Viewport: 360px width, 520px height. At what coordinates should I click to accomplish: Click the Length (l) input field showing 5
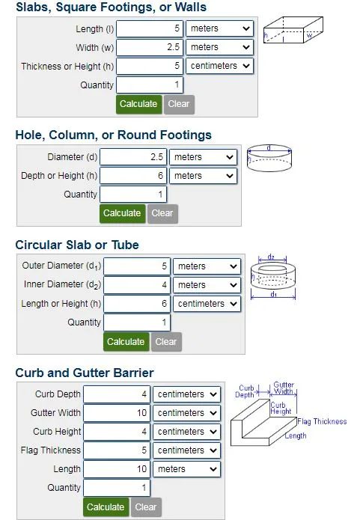[x=149, y=28]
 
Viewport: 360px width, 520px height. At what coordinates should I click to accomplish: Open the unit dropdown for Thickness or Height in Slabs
[x=219, y=66]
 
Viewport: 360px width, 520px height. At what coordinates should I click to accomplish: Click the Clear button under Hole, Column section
[x=162, y=213]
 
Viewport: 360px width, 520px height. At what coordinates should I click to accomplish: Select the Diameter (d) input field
[x=133, y=157]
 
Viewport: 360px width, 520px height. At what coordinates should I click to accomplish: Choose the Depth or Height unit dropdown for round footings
[x=203, y=176]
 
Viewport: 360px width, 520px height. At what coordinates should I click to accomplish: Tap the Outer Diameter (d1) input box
[x=137, y=266]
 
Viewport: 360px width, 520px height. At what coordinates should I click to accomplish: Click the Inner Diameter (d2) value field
[x=137, y=285]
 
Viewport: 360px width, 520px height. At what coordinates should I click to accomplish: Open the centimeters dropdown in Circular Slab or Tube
[x=207, y=304]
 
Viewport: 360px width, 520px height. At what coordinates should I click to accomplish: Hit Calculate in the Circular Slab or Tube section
[x=126, y=342]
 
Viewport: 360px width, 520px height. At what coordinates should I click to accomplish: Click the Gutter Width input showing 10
[x=117, y=413]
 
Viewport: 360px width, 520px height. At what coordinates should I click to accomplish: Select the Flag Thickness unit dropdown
[x=186, y=450]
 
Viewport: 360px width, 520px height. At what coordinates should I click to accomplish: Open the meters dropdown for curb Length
[x=186, y=469]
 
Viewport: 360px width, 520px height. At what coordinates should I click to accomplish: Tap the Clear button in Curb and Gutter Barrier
[x=147, y=507]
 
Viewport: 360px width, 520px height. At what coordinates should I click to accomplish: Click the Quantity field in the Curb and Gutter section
[x=117, y=488]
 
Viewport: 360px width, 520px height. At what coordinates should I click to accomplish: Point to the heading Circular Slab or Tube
[x=77, y=245]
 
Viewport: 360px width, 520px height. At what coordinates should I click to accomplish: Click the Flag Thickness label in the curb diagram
[x=322, y=421]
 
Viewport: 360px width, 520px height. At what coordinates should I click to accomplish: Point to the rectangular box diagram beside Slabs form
[x=293, y=30]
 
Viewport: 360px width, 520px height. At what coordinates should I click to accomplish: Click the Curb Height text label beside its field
[x=57, y=432]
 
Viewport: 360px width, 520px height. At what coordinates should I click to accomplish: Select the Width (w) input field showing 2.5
[x=149, y=47]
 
